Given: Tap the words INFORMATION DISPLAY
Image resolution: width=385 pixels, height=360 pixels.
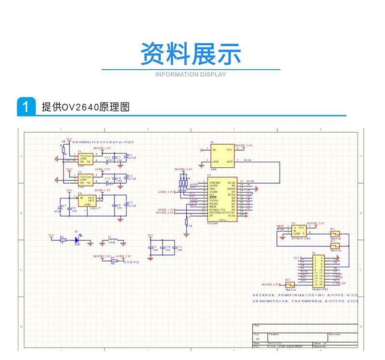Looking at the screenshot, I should (x=191, y=74).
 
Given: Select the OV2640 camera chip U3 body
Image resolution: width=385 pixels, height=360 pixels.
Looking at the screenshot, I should (x=221, y=199).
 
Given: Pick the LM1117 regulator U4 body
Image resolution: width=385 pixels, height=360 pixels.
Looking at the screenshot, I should (x=87, y=200).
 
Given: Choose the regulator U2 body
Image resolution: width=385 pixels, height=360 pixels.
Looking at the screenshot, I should (x=86, y=180).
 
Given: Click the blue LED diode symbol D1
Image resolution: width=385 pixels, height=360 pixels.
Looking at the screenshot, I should (x=77, y=239).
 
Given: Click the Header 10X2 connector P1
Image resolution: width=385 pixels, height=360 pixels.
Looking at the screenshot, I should (x=318, y=271).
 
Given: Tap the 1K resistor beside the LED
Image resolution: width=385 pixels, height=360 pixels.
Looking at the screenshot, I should (x=62, y=239).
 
